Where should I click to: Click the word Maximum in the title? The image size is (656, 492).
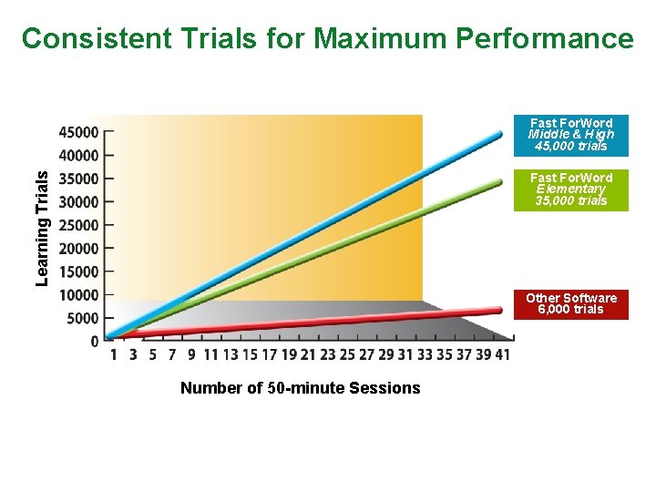point(379,38)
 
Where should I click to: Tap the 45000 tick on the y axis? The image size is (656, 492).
point(79,132)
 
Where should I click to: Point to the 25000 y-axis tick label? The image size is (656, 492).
point(79,225)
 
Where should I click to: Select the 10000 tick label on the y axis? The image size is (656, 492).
point(79,295)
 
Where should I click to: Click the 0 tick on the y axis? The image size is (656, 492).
point(95,342)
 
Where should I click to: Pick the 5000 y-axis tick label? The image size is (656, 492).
point(82,318)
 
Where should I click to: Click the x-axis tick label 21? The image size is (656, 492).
point(308,355)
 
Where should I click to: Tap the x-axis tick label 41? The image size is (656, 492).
point(502,355)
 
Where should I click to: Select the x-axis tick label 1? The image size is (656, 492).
point(113,355)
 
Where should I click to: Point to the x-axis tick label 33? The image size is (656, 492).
point(425,355)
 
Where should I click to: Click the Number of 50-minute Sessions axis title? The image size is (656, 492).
point(301,388)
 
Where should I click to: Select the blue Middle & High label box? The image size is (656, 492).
point(571,135)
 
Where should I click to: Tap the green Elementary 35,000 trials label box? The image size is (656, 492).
point(571,190)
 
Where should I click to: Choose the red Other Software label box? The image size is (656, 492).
point(571,304)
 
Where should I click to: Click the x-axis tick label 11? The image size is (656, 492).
point(210,355)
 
